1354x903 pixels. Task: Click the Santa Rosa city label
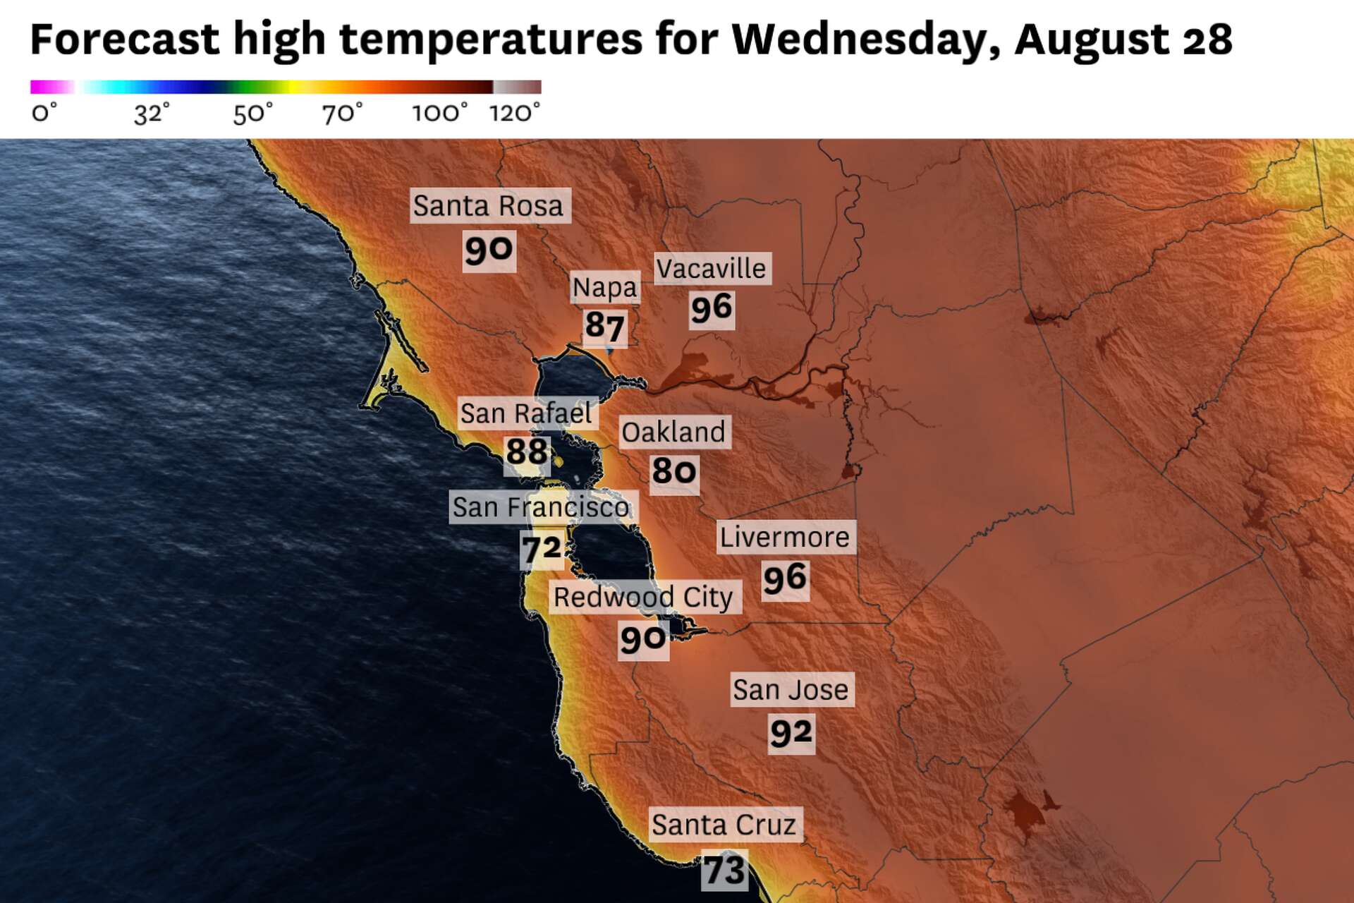coord(489,206)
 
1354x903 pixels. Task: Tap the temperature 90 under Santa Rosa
coord(489,250)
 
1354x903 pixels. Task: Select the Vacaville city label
coord(711,269)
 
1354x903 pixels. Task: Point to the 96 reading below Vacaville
coord(712,308)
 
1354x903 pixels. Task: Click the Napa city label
coord(604,287)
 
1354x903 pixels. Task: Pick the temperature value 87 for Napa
coord(604,326)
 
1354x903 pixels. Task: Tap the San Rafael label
coord(526,413)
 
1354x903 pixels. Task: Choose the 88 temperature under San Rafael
coord(527,451)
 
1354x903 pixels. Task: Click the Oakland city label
coord(673,432)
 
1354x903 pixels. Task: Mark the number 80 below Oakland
coord(674,471)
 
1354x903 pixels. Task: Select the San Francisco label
coord(541,507)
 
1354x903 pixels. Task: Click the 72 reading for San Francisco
coord(542,548)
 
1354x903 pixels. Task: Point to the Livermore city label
coord(785,538)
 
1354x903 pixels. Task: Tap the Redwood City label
coord(643,598)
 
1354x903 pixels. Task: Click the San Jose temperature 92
coord(791,733)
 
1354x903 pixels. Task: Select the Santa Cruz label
coord(724,825)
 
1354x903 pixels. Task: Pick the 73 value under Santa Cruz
coord(724,870)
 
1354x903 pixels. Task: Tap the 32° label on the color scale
coord(152,113)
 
